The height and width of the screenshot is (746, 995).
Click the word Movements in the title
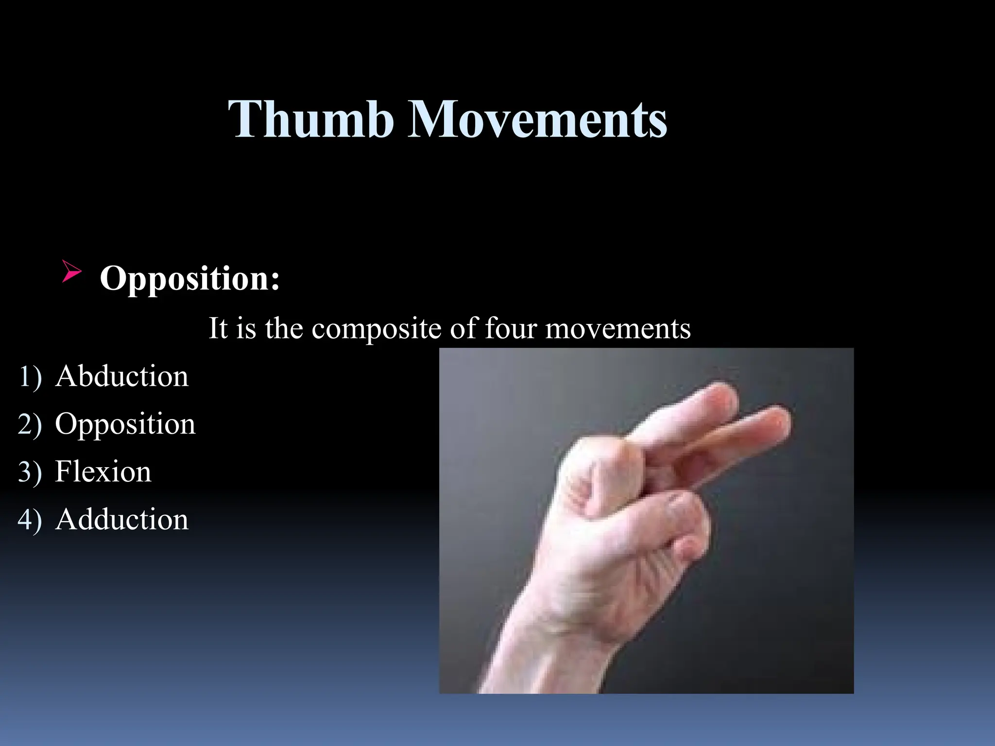(x=537, y=119)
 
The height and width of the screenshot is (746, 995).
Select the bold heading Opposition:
(x=189, y=278)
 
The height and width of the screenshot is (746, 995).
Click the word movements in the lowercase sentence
(x=618, y=329)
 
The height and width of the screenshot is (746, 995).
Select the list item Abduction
(x=121, y=376)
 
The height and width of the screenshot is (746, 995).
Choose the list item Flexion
(x=103, y=472)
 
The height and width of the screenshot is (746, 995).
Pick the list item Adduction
(x=121, y=519)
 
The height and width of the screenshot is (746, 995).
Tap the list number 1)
(x=30, y=377)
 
